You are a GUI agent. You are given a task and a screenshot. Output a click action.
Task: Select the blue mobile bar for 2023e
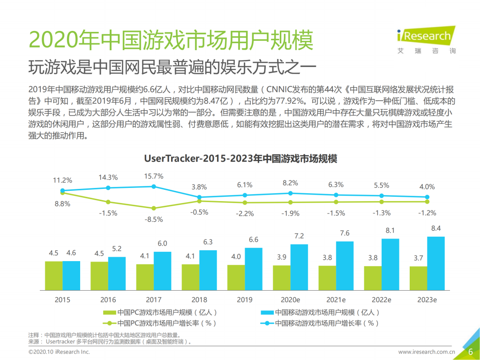(436, 263)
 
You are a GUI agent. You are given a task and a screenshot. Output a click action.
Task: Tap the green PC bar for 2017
(145, 277)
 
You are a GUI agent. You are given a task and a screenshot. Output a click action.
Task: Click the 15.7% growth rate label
(154, 176)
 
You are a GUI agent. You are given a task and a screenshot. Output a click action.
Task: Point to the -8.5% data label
(154, 218)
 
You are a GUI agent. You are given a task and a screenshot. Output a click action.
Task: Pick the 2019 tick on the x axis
(245, 300)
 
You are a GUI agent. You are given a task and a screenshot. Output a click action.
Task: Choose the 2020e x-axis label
(290, 300)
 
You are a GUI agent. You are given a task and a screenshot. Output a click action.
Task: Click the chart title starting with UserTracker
(240, 158)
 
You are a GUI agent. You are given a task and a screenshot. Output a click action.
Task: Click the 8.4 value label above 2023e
(436, 228)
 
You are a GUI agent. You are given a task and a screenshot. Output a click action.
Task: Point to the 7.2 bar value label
(299, 236)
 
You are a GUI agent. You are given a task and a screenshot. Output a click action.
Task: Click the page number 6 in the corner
(470, 352)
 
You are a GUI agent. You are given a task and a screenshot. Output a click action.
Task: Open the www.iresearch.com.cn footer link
(427, 352)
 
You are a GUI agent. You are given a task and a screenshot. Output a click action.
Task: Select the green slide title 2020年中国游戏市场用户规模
(171, 41)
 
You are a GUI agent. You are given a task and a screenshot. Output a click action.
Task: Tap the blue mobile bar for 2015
(71, 276)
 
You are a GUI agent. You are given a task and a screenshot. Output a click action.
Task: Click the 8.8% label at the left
(62, 203)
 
